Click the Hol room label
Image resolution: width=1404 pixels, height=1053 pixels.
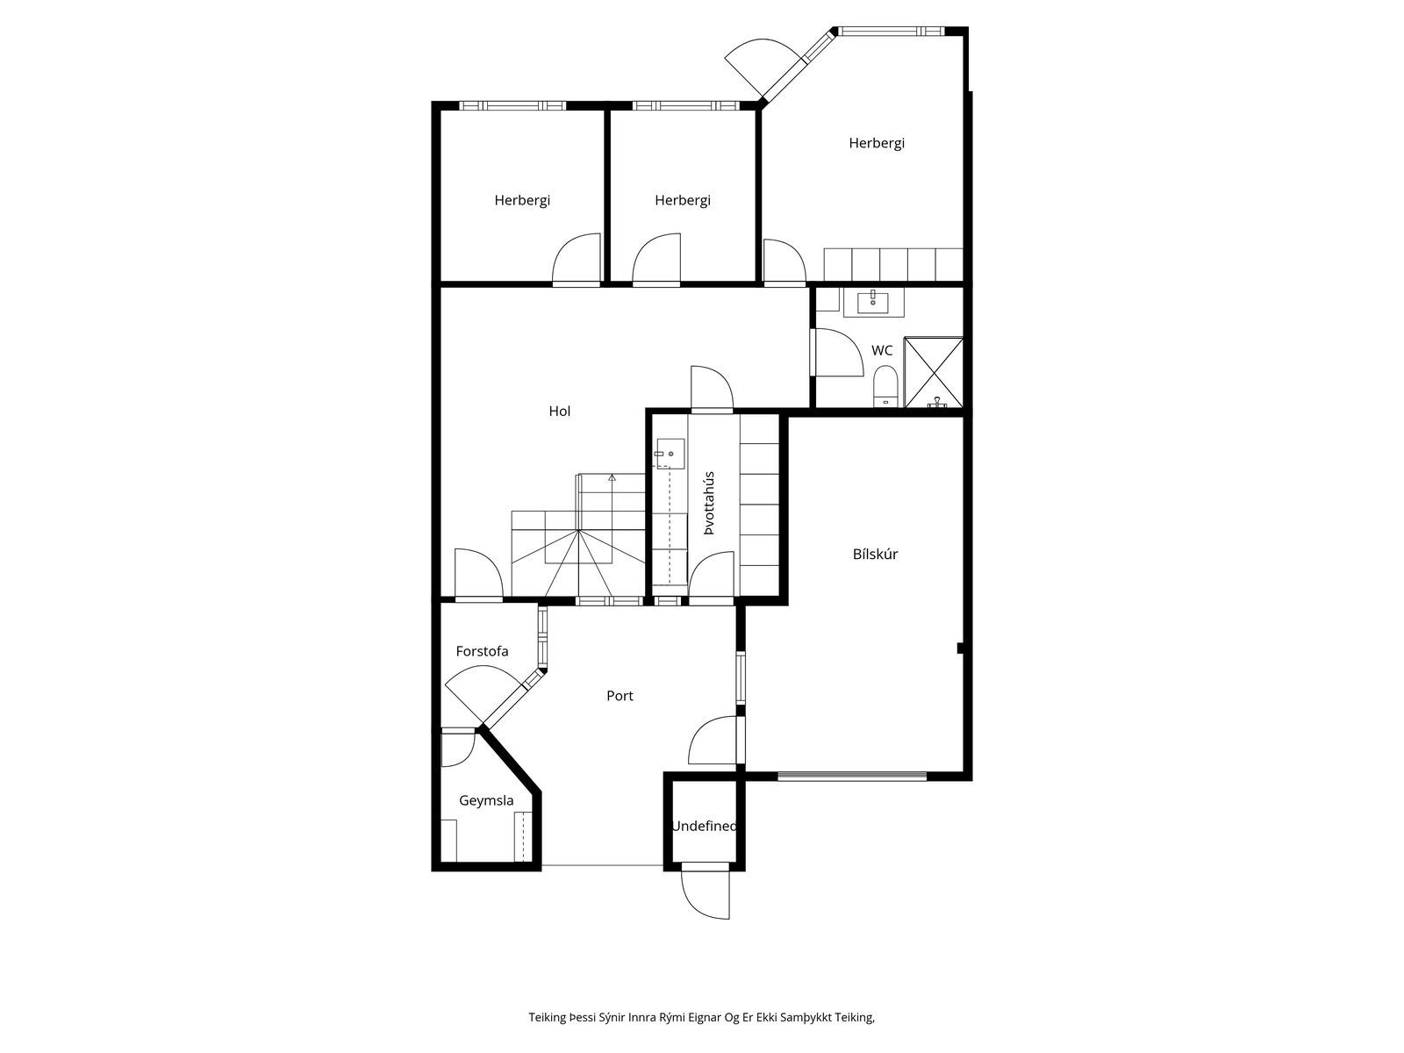point(559,411)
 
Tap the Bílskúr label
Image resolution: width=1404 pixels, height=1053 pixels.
point(874,555)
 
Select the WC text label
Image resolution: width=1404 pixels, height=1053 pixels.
point(881,350)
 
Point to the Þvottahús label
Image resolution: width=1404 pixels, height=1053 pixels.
point(709,503)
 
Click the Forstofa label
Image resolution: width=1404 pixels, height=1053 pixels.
point(482,651)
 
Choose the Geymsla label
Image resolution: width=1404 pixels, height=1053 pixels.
point(486,800)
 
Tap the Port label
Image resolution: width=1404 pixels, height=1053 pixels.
point(620,696)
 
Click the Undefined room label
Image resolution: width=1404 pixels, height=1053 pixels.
point(704,826)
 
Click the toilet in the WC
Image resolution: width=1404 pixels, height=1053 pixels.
point(885,386)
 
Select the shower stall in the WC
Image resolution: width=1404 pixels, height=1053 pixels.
point(934,372)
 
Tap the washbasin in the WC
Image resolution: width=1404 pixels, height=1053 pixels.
point(873,302)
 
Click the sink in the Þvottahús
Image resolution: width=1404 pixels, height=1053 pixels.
point(669,454)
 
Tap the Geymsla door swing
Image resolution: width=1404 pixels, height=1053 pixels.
point(458,747)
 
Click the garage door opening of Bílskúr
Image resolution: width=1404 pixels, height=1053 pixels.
point(852,777)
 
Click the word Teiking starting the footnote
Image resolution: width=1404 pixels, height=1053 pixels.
point(547,1017)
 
